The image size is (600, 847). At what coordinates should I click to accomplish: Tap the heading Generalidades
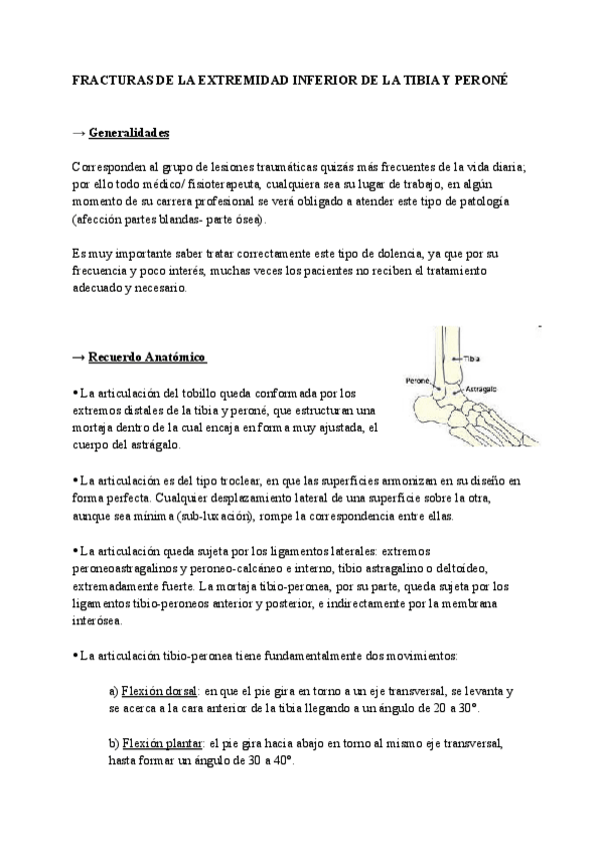coord(128,133)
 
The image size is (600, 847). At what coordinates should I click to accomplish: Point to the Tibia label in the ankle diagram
coord(473,356)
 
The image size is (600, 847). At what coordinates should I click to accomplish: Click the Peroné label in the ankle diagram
coord(417,381)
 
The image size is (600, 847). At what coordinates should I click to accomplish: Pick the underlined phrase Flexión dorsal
coord(158,691)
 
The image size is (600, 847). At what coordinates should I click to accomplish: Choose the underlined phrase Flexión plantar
coord(161,744)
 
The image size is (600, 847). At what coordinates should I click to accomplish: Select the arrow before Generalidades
coord(79,133)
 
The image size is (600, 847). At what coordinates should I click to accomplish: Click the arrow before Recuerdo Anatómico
coord(79,356)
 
